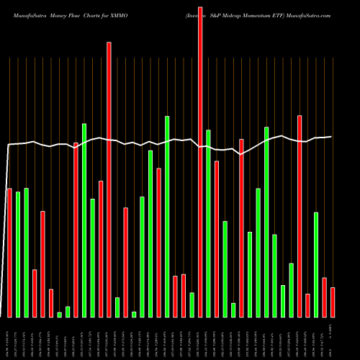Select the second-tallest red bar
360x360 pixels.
click(x=109, y=180)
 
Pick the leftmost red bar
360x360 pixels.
click(x=9, y=253)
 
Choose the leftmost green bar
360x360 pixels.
click(x=18, y=255)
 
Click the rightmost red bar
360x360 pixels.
click(x=333, y=302)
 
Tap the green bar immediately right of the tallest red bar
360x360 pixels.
click(x=209, y=223)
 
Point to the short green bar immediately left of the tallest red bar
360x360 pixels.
click(x=192, y=305)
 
